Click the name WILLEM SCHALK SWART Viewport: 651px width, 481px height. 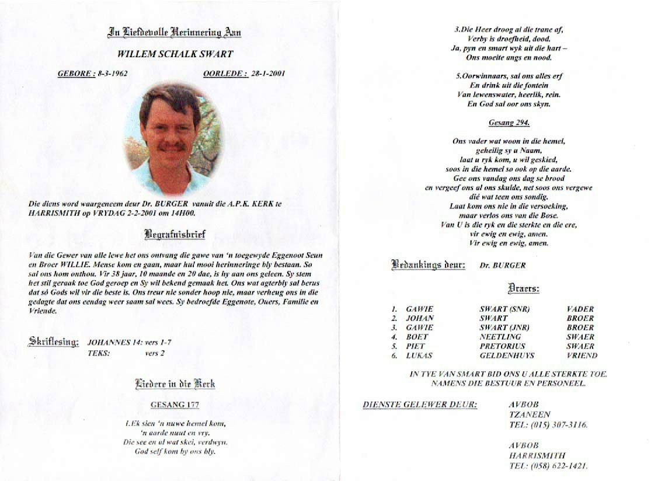click(x=175, y=54)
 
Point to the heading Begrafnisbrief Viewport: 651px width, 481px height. click(x=175, y=235)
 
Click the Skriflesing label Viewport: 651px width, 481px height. click(x=53, y=342)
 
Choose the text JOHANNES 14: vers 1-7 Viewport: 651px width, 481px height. click(x=129, y=343)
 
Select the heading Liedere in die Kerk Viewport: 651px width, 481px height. click(x=175, y=384)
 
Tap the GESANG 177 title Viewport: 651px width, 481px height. click(x=175, y=405)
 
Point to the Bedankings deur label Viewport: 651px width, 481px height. click(x=428, y=264)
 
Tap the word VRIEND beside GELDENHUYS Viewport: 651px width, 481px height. click(x=582, y=355)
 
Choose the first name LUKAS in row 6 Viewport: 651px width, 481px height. click(x=419, y=355)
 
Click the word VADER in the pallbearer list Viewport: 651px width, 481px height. click(x=580, y=309)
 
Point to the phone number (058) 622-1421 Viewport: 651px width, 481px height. click(x=558, y=466)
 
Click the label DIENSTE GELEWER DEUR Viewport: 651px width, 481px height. click(x=420, y=405)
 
